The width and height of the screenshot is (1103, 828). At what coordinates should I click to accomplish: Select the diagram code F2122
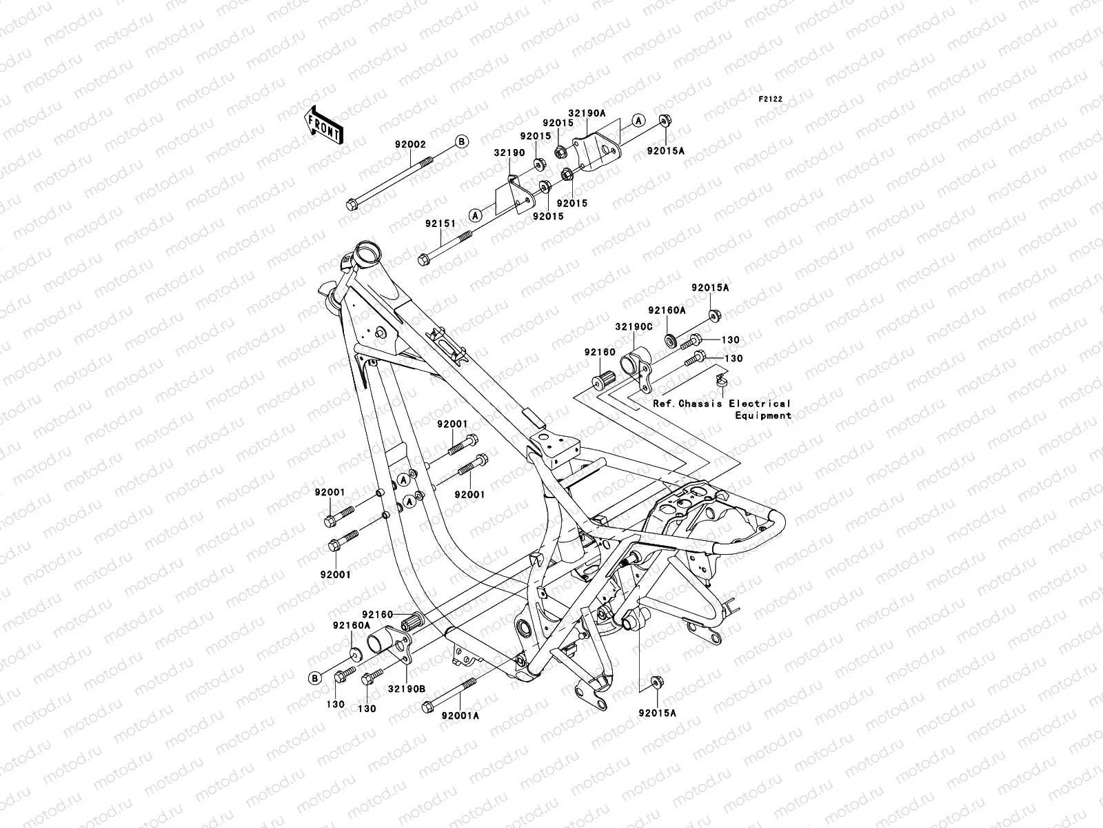click(771, 99)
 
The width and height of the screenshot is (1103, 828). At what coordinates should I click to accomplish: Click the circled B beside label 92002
click(462, 141)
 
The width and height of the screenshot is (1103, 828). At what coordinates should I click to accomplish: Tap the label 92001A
click(461, 716)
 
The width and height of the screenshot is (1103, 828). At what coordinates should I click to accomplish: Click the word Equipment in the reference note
click(763, 415)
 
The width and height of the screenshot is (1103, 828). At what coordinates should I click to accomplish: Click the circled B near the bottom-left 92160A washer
click(315, 678)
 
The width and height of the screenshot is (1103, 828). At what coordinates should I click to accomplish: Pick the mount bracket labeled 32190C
click(638, 368)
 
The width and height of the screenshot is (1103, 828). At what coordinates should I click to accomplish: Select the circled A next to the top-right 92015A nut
click(658, 121)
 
